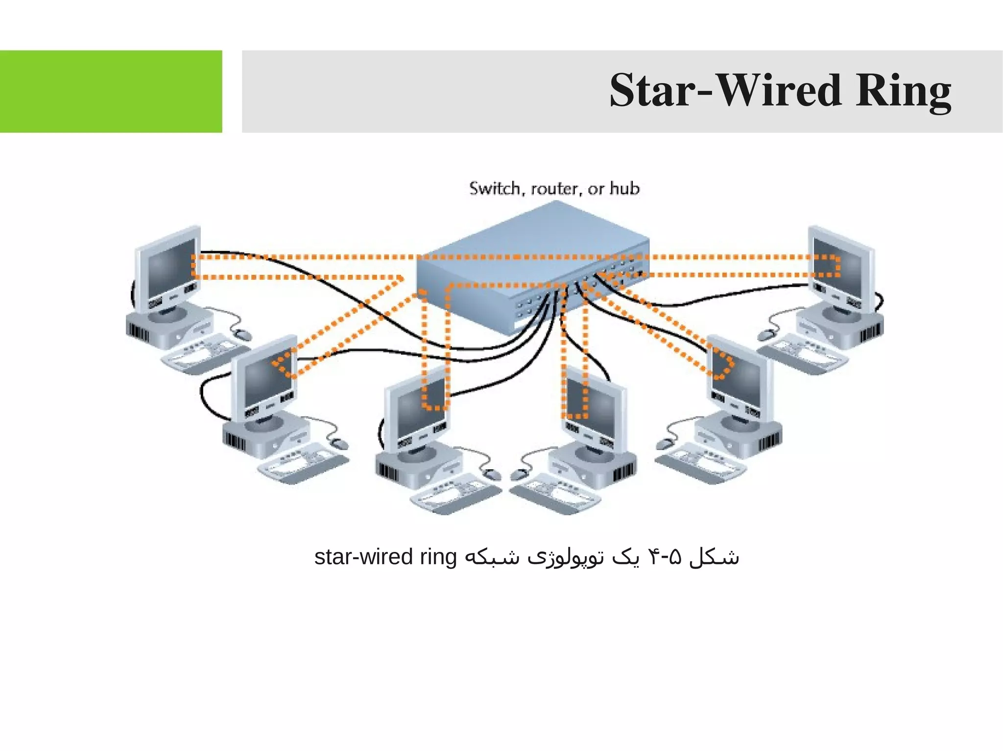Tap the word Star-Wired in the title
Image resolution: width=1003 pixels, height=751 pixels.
click(725, 91)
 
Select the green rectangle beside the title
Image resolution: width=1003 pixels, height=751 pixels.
click(111, 91)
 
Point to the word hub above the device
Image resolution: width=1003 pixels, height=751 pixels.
click(624, 188)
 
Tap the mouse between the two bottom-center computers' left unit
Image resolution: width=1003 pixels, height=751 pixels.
click(492, 474)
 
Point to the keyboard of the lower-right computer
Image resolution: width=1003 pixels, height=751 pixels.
click(700, 462)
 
